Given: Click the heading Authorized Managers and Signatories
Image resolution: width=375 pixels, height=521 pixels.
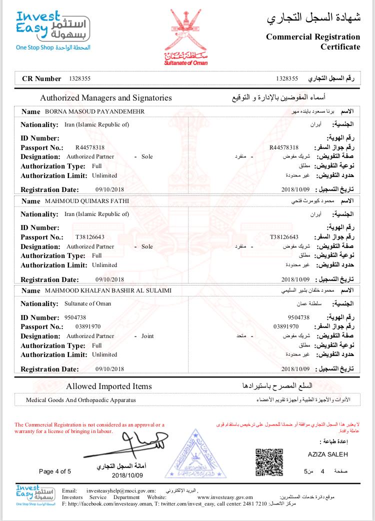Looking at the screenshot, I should (x=106, y=98).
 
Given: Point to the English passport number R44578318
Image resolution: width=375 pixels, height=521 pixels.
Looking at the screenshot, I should (x=89, y=147).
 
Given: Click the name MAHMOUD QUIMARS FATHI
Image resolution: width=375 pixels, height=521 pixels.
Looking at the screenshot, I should (x=87, y=201).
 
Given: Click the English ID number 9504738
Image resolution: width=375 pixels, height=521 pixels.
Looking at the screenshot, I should (x=75, y=317).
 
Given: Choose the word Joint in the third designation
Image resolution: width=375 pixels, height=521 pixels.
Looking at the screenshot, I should (x=147, y=336).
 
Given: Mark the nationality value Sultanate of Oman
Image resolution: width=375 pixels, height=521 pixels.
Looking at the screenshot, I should (x=88, y=303).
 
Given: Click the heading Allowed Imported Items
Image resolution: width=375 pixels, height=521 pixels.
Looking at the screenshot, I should (x=109, y=386).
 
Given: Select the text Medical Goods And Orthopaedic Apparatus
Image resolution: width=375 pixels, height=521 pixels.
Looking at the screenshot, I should (x=81, y=400).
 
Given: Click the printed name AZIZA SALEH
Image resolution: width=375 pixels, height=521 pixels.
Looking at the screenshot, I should (x=327, y=454).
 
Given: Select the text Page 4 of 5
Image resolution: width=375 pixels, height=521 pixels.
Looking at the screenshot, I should (x=55, y=471).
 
